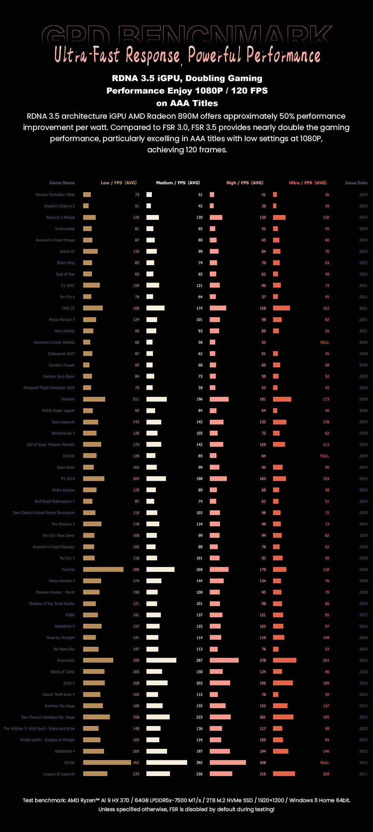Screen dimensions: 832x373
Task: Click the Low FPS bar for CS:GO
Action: tap(107, 763)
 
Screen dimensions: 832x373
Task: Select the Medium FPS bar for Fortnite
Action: tap(160, 570)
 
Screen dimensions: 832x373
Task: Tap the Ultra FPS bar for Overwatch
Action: tap(285, 660)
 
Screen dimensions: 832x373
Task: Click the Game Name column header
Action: tap(62, 183)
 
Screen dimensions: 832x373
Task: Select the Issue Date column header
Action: tap(356, 183)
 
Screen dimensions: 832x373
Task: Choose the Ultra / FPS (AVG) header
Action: tap(308, 183)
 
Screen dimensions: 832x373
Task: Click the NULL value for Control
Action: tap(325, 456)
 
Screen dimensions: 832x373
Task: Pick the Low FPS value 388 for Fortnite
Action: tap(136, 570)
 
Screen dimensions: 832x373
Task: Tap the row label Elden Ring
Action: tap(66, 263)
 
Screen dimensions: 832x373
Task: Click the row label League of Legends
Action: tap(59, 774)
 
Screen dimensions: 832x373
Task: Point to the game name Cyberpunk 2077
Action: tap(61, 354)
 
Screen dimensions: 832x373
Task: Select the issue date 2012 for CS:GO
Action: tap(363, 763)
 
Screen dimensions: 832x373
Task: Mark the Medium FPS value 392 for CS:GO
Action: tap(199, 763)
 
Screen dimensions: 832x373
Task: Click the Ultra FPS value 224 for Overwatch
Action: tap(326, 660)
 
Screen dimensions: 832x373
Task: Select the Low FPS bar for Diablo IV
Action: tap(90, 252)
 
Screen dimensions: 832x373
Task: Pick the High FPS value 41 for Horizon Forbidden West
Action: tap(263, 195)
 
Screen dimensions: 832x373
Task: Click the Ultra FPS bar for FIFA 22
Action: tap(281, 308)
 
